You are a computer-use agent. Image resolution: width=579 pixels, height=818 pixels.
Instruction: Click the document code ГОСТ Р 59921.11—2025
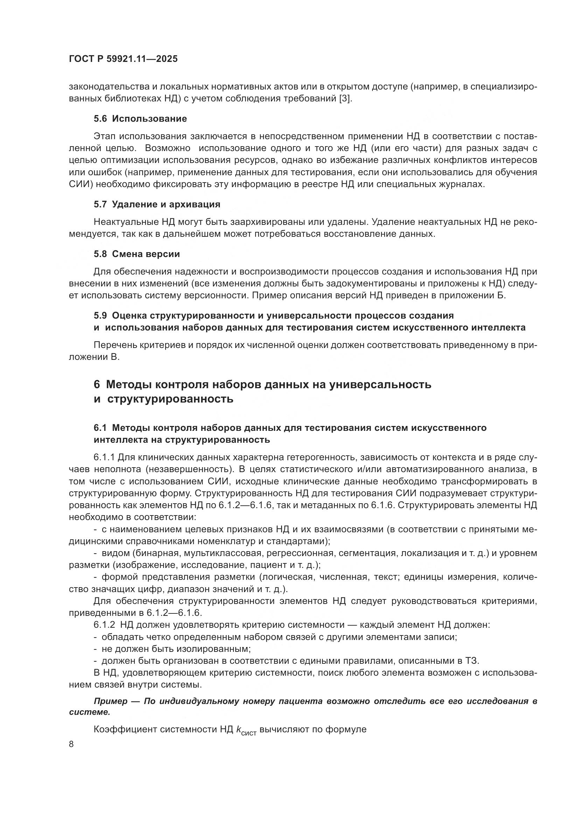(x=123, y=59)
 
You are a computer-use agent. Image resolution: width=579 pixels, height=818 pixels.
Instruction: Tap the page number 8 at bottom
(x=71, y=744)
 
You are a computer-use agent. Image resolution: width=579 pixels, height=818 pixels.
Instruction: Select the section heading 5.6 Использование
(x=140, y=119)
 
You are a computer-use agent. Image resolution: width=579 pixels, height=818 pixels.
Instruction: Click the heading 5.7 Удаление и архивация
(x=157, y=204)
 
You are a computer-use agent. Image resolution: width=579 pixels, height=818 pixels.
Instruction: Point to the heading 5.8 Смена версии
(x=137, y=254)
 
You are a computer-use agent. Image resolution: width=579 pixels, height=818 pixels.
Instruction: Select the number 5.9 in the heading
(x=100, y=315)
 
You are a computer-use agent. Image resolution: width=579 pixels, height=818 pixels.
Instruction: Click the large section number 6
(x=97, y=385)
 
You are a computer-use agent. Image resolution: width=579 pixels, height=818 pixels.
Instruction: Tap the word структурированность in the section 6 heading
(x=170, y=399)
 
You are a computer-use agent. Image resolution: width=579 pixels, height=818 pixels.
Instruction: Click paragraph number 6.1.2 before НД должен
(x=104, y=625)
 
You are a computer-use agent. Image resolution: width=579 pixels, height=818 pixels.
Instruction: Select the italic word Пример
(x=111, y=701)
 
